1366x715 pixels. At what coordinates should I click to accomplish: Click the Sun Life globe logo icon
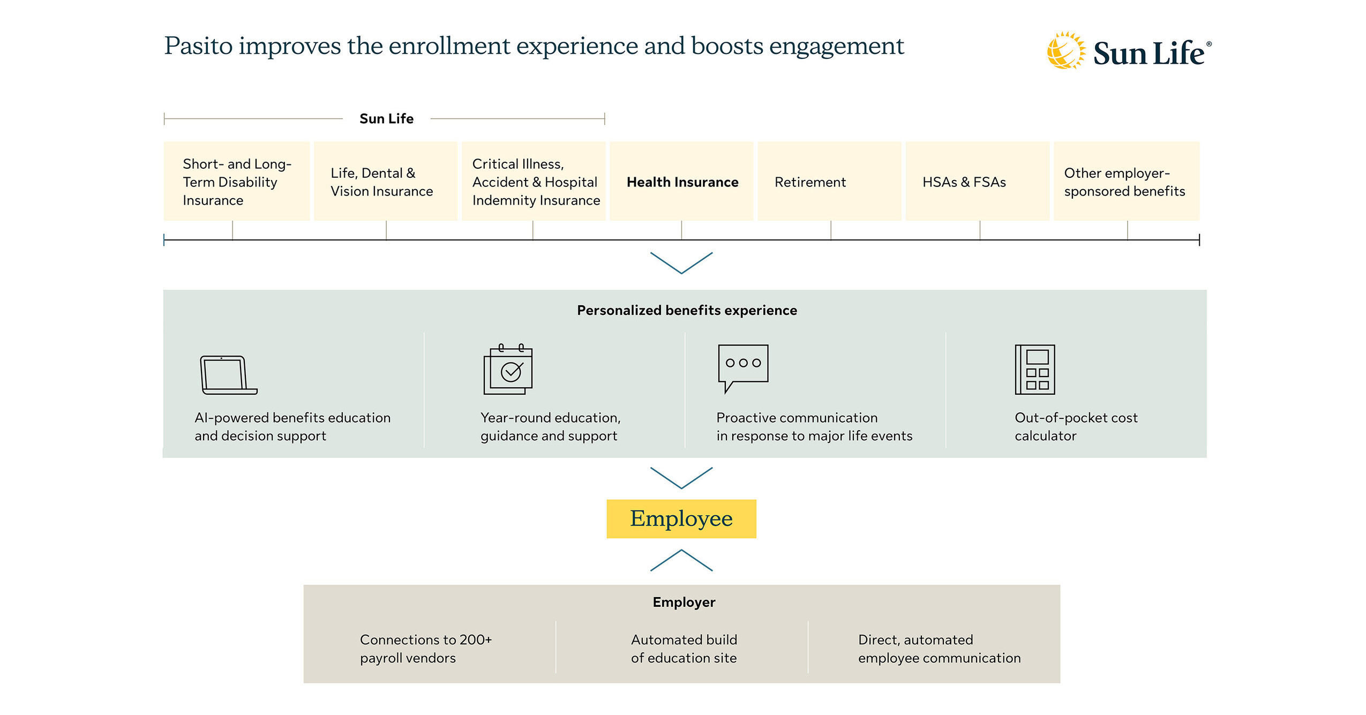pyautogui.click(x=1065, y=51)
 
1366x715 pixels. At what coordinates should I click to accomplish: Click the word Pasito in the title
pyautogui.click(x=198, y=46)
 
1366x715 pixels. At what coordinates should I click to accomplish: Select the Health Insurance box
pyautogui.click(x=681, y=182)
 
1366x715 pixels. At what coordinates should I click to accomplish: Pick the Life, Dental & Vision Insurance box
pyautogui.click(x=385, y=182)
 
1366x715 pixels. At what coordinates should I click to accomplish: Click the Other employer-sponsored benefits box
pyautogui.click(x=1126, y=182)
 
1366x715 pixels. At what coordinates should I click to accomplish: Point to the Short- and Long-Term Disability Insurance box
pyautogui.click(x=236, y=182)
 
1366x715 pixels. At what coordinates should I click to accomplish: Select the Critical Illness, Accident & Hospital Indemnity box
pyautogui.click(x=534, y=182)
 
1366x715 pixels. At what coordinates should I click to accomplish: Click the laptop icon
pyautogui.click(x=228, y=375)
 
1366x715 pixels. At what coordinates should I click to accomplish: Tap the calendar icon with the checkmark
pyautogui.click(x=508, y=370)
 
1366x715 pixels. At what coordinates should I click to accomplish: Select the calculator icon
pyautogui.click(x=1034, y=370)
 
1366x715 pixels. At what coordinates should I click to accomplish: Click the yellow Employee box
pyautogui.click(x=681, y=518)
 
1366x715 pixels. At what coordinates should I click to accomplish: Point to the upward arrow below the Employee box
pyautogui.click(x=681, y=560)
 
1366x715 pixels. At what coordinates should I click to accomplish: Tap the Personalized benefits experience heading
pyautogui.click(x=686, y=310)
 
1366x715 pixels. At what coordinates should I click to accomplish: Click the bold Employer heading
pyautogui.click(x=684, y=602)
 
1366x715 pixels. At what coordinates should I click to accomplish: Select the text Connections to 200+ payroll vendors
pyautogui.click(x=425, y=649)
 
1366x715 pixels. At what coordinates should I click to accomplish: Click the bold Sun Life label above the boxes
pyautogui.click(x=386, y=118)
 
